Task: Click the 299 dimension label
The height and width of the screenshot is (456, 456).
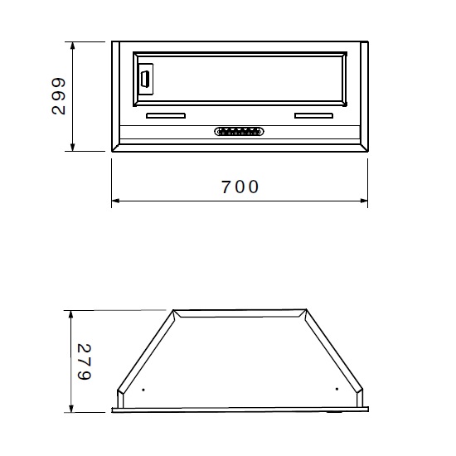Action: pos(59,96)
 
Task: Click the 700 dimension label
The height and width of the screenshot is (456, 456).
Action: pos(240,187)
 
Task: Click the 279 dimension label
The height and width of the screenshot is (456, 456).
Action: pos(85,361)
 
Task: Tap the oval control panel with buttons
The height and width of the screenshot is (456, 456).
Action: pos(239,132)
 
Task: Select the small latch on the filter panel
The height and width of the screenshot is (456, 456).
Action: pos(145,79)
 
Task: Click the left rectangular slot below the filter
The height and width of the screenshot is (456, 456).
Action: pos(166,116)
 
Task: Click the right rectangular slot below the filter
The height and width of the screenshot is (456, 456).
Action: pos(313,116)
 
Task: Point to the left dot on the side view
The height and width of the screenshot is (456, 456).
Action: pos(143,390)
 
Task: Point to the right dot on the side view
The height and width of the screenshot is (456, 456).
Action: pos(337,389)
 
